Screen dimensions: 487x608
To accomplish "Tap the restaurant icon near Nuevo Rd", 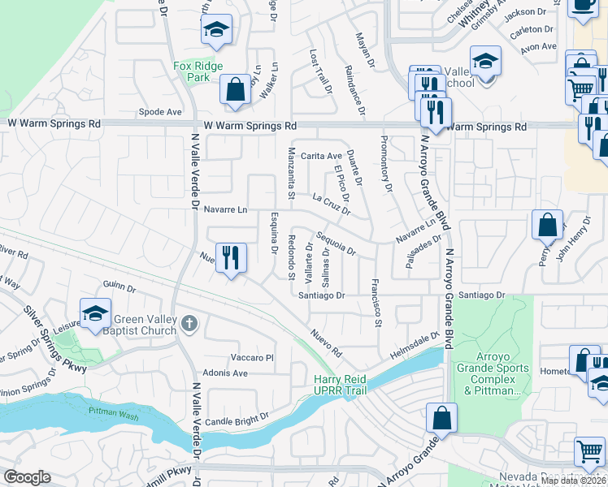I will pos(231,258).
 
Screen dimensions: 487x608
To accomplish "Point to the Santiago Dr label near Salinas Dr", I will pos(322,295).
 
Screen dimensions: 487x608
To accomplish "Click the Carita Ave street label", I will pos(320,156).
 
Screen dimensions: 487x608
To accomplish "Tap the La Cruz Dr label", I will pos(332,204).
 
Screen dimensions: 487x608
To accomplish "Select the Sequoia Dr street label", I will pos(336,243).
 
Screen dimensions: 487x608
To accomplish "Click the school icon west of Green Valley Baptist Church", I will pos(95,313).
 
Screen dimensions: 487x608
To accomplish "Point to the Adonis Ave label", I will pos(228,373).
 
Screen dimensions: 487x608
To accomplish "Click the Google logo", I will pos(27,477).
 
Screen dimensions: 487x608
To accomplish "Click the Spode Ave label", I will pos(160,112).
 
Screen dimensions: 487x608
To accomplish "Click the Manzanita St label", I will pos(289,174).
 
